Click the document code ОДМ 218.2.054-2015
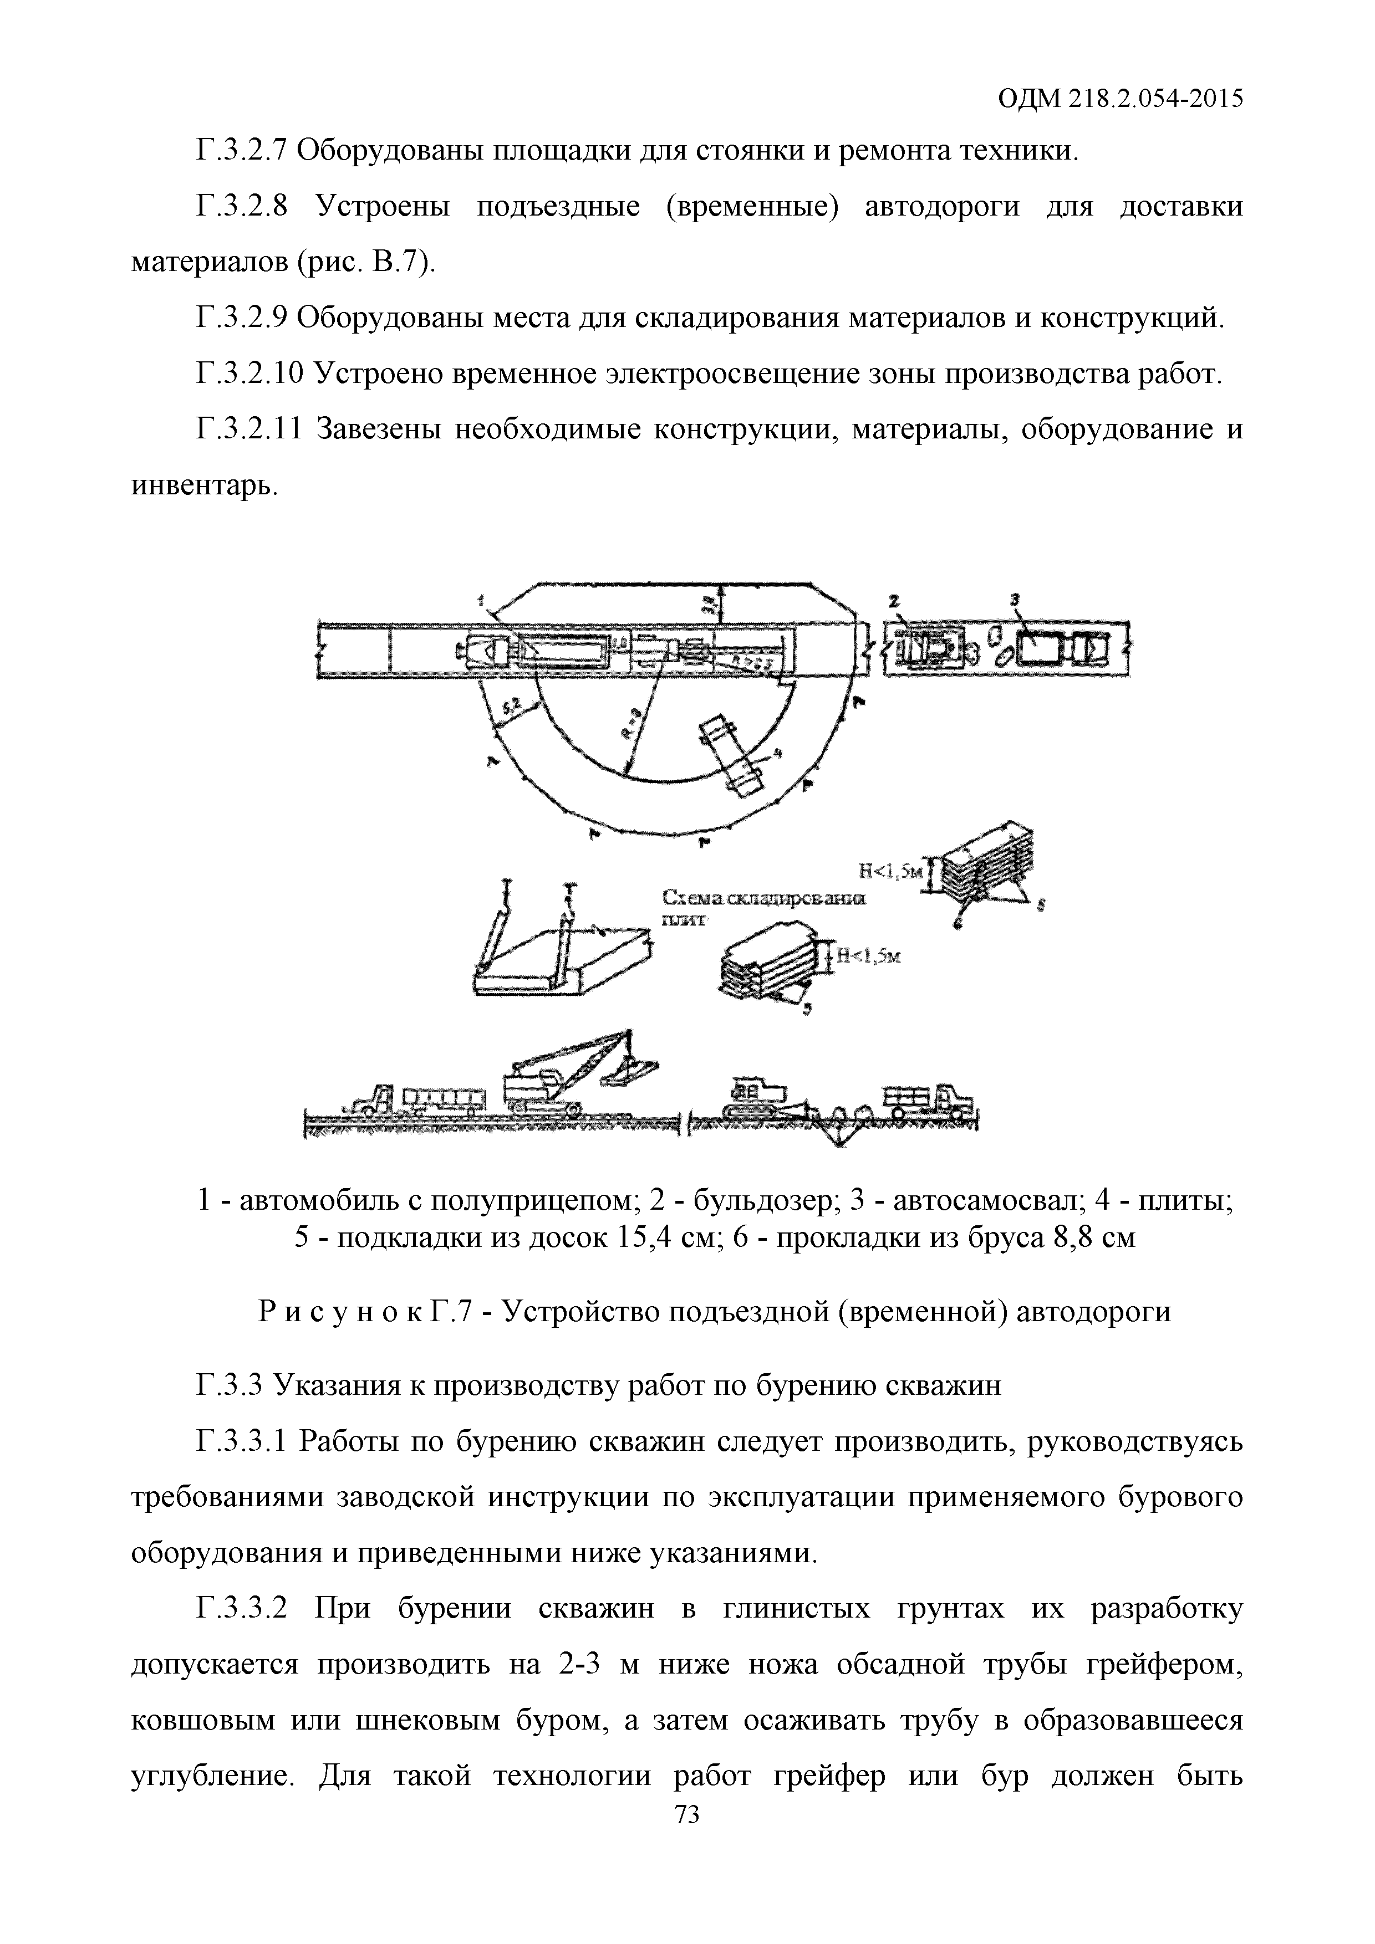click(x=1120, y=99)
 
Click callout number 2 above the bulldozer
click(x=893, y=600)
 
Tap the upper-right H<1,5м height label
click(x=889, y=871)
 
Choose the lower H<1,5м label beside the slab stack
click(x=868, y=956)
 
